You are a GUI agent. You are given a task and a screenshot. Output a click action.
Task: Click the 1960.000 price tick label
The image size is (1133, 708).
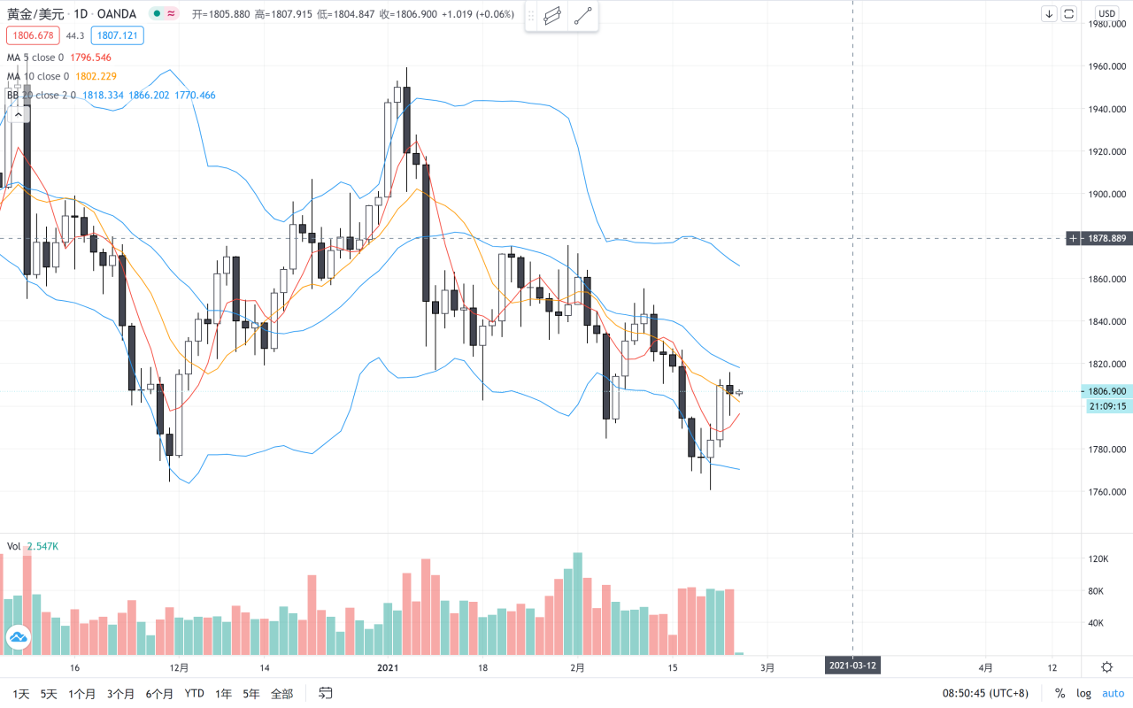click(x=1106, y=66)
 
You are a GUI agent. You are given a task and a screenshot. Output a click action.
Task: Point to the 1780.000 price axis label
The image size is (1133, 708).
click(x=1106, y=449)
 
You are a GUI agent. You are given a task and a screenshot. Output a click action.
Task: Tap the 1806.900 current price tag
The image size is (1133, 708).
click(x=1106, y=391)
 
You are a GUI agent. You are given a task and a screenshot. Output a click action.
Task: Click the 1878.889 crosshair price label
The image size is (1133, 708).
click(x=1106, y=238)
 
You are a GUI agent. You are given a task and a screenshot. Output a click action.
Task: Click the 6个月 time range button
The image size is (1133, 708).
click(x=159, y=694)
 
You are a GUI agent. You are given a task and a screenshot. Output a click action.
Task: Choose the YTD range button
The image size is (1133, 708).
click(x=195, y=694)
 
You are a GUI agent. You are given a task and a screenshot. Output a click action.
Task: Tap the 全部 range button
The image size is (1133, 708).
click(x=281, y=694)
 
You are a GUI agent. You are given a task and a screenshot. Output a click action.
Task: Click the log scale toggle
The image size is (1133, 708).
click(x=1084, y=694)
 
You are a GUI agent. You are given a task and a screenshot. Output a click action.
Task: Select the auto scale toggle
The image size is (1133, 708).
click(x=1113, y=694)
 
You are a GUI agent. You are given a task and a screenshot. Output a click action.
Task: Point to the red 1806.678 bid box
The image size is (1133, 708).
click(x=31, y=35)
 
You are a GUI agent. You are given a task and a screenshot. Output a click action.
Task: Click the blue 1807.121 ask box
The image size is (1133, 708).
click(x=117, y=35)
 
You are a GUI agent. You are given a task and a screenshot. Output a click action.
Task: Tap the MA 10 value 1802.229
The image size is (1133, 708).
click(x=96, y=76)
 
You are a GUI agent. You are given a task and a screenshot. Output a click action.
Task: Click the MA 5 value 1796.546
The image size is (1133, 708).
click(x=90, y=58)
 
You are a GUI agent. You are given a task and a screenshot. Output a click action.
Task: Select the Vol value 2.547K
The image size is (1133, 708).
click(x=42, y=546)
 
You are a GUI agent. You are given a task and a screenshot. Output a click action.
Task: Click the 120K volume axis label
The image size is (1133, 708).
click(x=1098, y=559)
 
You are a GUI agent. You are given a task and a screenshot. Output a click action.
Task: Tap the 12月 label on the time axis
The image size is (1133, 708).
click(x=179, y=667)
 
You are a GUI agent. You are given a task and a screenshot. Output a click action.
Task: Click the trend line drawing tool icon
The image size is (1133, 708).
click(x=582, y=16)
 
